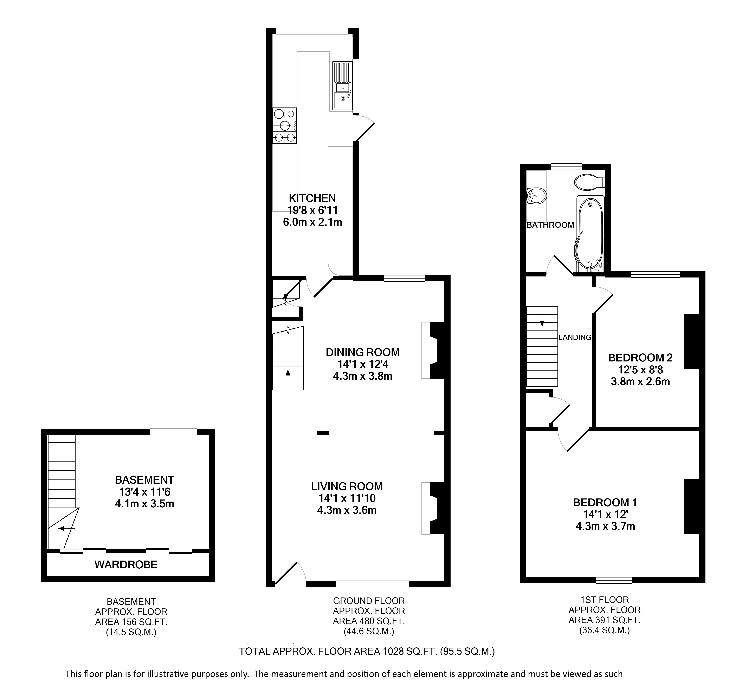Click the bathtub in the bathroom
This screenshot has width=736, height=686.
pos(590,234)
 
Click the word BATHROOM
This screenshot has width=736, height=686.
pos(550,225)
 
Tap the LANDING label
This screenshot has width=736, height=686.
pos(575,337)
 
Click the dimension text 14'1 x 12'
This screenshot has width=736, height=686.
pos(605,514)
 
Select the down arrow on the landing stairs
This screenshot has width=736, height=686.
pos(542,318)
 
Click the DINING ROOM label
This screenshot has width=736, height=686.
pos(362,352)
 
